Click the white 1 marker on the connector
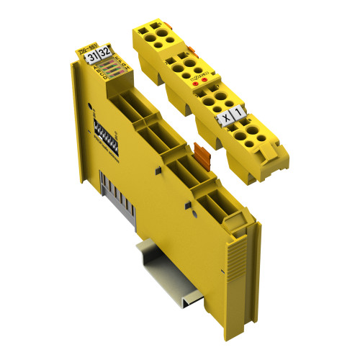[239, 110]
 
